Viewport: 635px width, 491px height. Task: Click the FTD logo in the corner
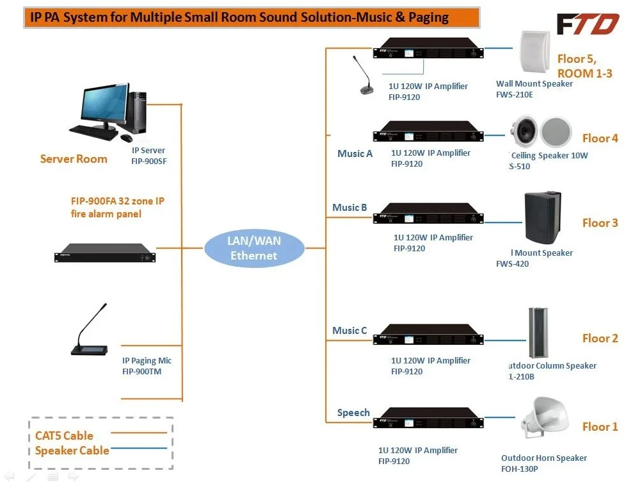point(587,24)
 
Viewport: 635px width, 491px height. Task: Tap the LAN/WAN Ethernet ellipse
point(254,248)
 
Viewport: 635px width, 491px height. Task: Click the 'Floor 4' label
point(600,138)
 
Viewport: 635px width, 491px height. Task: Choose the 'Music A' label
point(355,154)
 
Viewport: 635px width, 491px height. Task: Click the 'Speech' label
point(353,413)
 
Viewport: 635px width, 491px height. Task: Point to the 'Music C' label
point(350,331)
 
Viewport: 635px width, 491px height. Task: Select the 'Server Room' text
point(74,159)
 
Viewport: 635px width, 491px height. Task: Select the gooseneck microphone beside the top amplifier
point(364,76)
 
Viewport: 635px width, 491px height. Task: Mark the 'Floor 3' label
point(600,223)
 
